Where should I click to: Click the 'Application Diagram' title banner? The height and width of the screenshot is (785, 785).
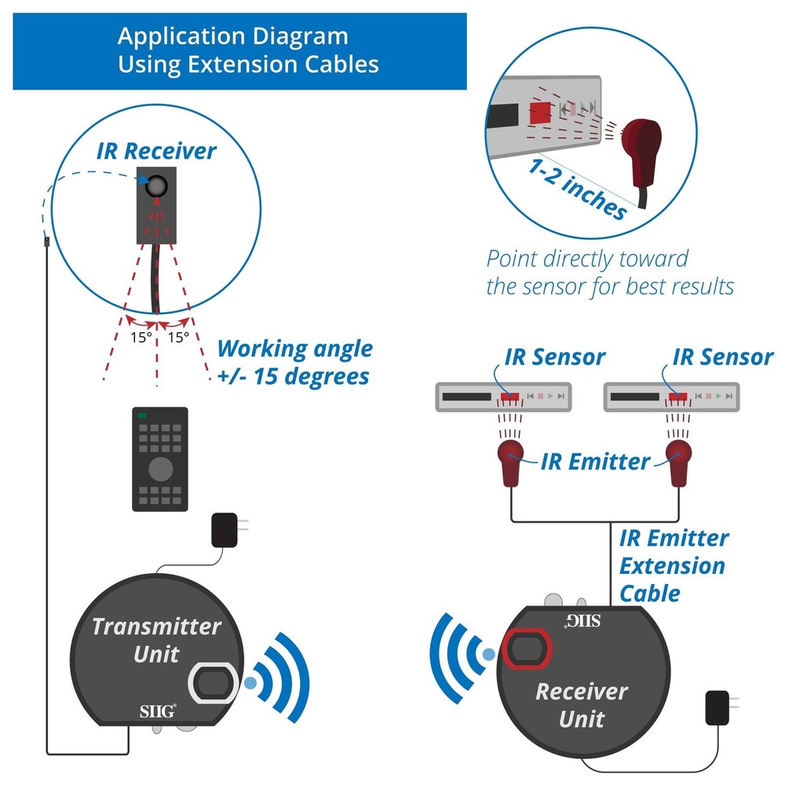239,50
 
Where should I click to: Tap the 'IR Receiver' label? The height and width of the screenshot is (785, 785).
156,151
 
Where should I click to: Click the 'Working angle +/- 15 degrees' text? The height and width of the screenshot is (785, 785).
294,362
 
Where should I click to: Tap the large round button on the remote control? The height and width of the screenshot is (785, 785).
160,469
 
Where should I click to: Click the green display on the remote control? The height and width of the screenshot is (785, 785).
143,415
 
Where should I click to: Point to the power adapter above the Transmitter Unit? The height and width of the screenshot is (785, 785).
226,530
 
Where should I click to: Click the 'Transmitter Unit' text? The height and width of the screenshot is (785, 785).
156,640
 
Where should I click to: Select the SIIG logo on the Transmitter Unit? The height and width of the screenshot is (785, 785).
152,712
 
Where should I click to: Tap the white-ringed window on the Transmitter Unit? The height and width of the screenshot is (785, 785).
211,682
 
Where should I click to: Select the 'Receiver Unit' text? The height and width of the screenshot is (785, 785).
582,704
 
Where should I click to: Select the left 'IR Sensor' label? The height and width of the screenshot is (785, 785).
554,357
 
